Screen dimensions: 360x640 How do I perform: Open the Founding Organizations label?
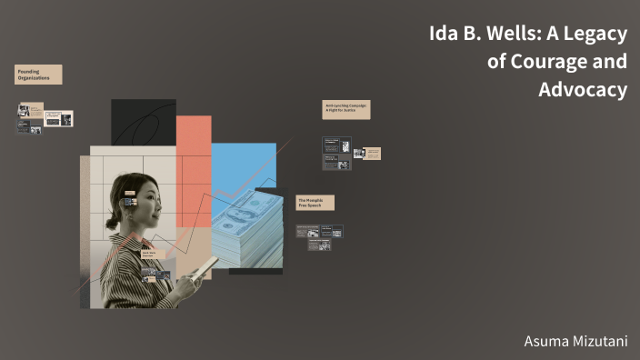pos(38,75)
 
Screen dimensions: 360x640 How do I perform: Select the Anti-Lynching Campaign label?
pos(345,109)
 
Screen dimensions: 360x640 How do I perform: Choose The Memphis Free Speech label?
pos(315,202)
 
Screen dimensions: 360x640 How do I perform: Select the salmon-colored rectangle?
pos(194,145)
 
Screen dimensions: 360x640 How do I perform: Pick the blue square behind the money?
pos(244,168)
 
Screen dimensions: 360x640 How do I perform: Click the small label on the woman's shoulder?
pos(150,255)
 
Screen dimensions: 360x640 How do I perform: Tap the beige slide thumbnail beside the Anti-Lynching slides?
pos(373,154)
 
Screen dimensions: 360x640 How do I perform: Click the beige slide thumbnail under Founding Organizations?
pos(58,118)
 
